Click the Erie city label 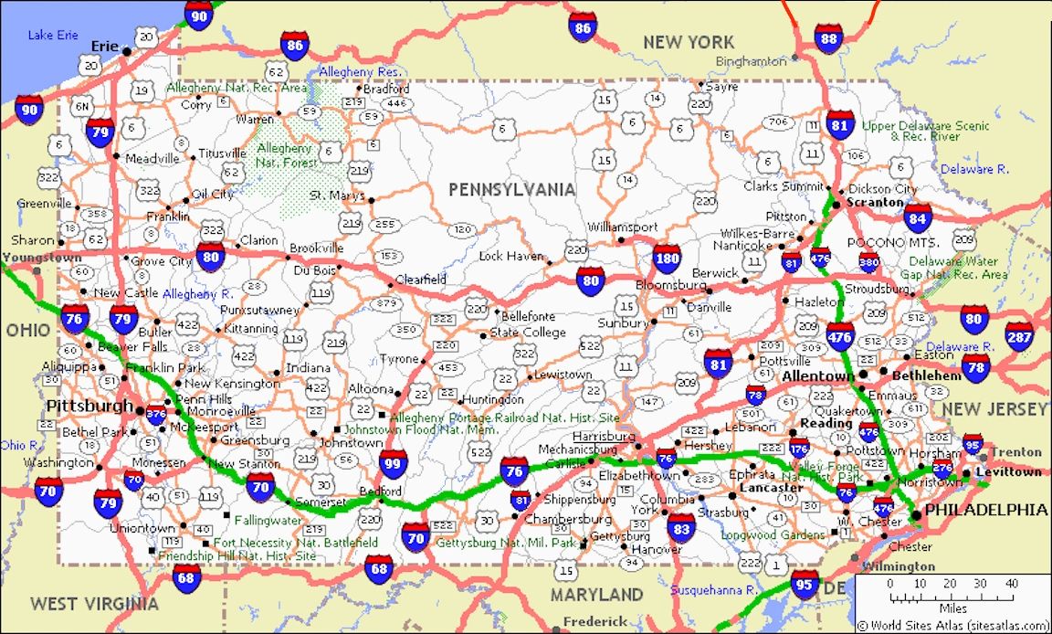pos(105,46)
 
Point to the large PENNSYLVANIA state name pos(511,189)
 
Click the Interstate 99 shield pos(394,463)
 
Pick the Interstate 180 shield pos(667,259)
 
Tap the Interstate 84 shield pos(918,218)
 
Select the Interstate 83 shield pos(680,527)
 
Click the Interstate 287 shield pos(1019,336)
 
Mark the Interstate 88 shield pos(828,38)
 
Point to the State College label pos(528,333)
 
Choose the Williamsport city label pos(622,227)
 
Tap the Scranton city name pos(874,202)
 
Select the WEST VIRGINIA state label pos(94,603)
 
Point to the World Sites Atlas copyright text pos(953,626)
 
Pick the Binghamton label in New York pos(751,61)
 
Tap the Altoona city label pos(370,389)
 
